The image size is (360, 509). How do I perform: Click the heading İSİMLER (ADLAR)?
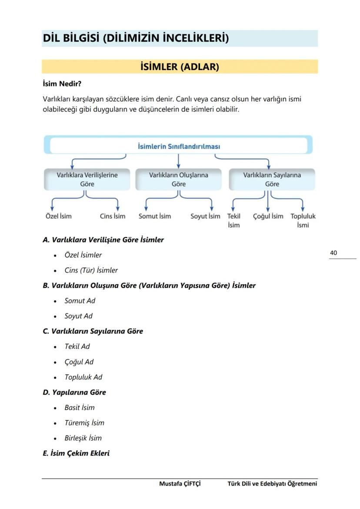click(180, 67)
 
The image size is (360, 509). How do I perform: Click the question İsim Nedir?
click(62, 83)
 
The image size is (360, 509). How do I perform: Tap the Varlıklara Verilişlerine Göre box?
click(87, 180)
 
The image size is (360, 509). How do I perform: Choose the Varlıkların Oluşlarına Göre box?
click(178, 180)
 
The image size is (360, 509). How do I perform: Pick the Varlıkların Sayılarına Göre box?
click(272, 180)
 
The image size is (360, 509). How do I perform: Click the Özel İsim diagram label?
click(59, 216)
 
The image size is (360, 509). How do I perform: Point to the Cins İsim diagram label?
click(113, 216)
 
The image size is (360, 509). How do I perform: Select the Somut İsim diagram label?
click(155, 216)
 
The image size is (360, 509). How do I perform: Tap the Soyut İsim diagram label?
click(205, 216)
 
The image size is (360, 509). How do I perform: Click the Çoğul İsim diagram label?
click(268, 216)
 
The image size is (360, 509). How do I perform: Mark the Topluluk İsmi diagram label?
click(303, 220)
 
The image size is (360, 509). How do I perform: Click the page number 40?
click(333, 253)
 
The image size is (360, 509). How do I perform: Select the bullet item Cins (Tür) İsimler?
click(91, 270)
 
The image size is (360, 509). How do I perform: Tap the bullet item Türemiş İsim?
click(84, 423)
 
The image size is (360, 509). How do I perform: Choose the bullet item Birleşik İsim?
click(83, 438)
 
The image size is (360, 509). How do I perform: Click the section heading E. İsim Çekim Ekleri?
click(76, 453)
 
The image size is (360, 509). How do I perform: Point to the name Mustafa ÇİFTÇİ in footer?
click(180, 484)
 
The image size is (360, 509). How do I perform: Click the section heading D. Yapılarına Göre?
click(74, 393)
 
